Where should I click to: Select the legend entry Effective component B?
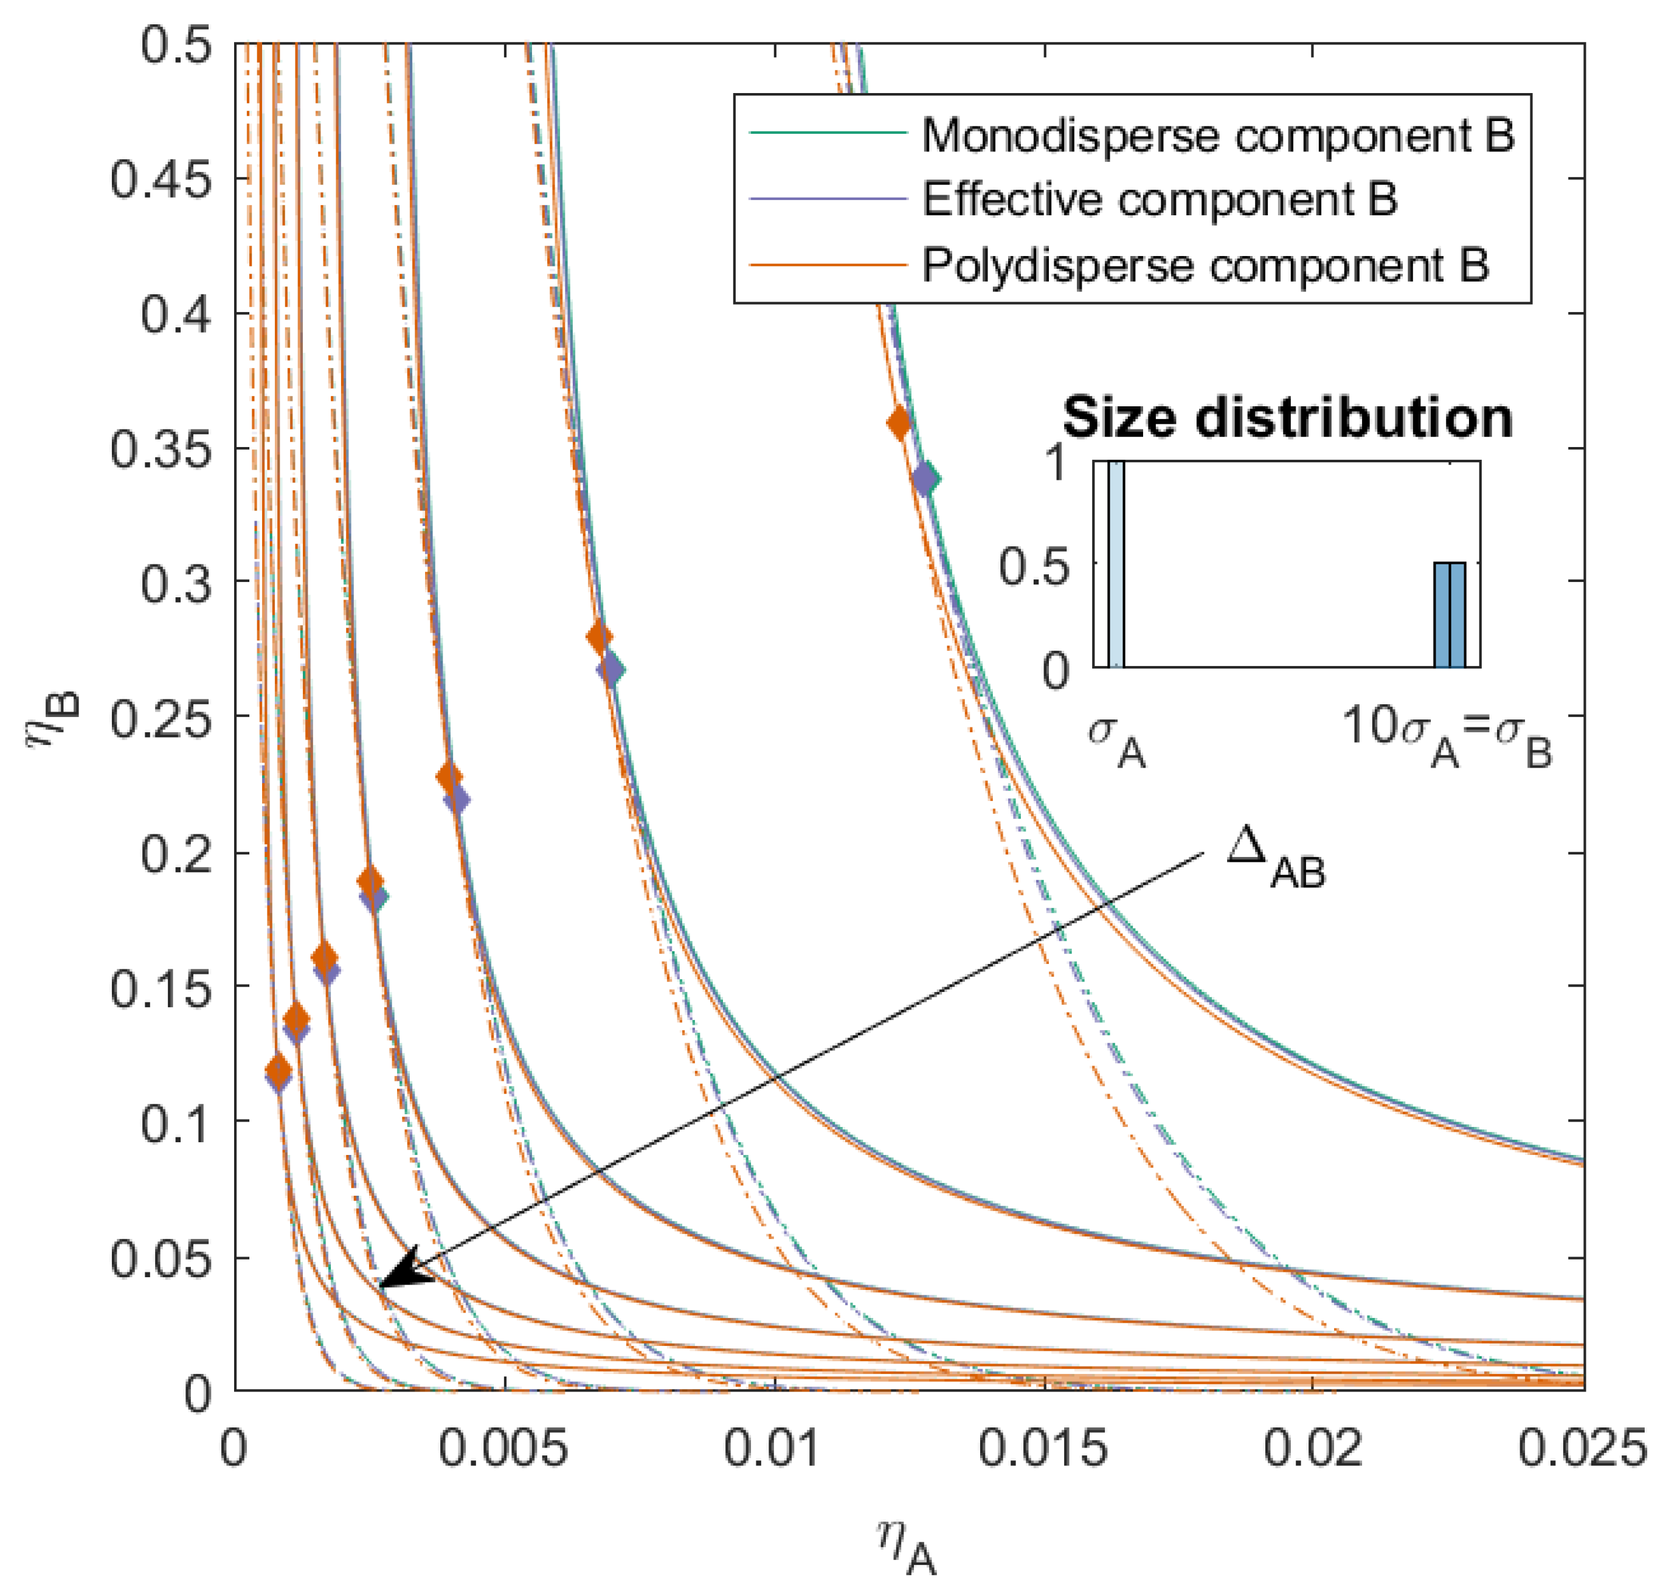tap(1160, 199)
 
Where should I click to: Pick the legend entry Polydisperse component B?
tap(1205, 265)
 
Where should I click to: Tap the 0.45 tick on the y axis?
tap(160, 179)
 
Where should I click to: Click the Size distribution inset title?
tap(1287, 418)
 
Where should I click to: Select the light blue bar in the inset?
tap(1115, 564)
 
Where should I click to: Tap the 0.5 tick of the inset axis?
tap(1034, 566)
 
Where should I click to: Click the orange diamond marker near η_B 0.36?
tap(899, 423)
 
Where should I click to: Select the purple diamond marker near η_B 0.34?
tap(926, 479)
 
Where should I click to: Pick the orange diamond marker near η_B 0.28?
tap(598, 637)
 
